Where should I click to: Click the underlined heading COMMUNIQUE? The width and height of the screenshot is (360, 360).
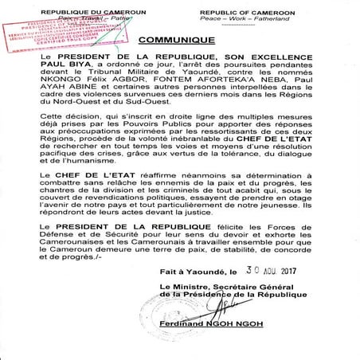[180, 39]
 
